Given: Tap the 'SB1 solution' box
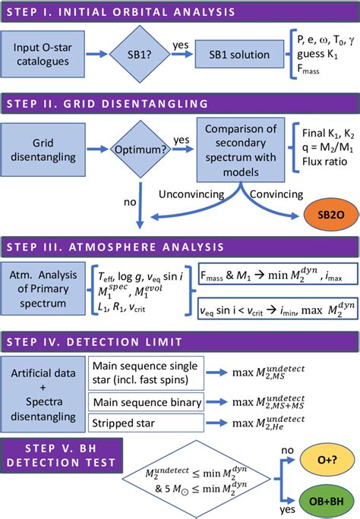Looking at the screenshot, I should pos(244,55).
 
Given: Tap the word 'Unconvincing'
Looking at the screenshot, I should pos(195,194).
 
